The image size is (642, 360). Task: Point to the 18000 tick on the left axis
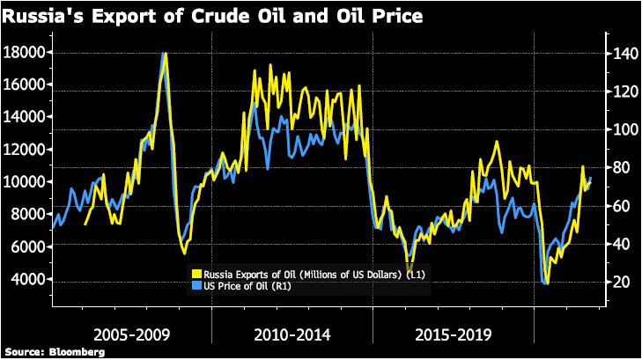click(x=26, y=53)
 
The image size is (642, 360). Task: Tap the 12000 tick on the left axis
click(x=26, y=150)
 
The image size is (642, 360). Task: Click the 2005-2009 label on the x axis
click(x=130, y=335)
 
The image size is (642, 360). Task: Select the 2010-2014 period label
click(x=291, y=335)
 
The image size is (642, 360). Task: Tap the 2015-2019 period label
click(x=453, y=335)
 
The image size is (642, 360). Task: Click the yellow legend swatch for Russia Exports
click(x=197, y=274)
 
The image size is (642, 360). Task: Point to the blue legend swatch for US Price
click(x=197, y=285)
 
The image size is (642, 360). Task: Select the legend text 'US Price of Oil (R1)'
click(x=247, y=285)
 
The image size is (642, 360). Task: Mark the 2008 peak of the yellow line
click(x=165, y=54)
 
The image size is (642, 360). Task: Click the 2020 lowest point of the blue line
click(x=544, y=283)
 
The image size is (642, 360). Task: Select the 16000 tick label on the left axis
click(x=26, y=85)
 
